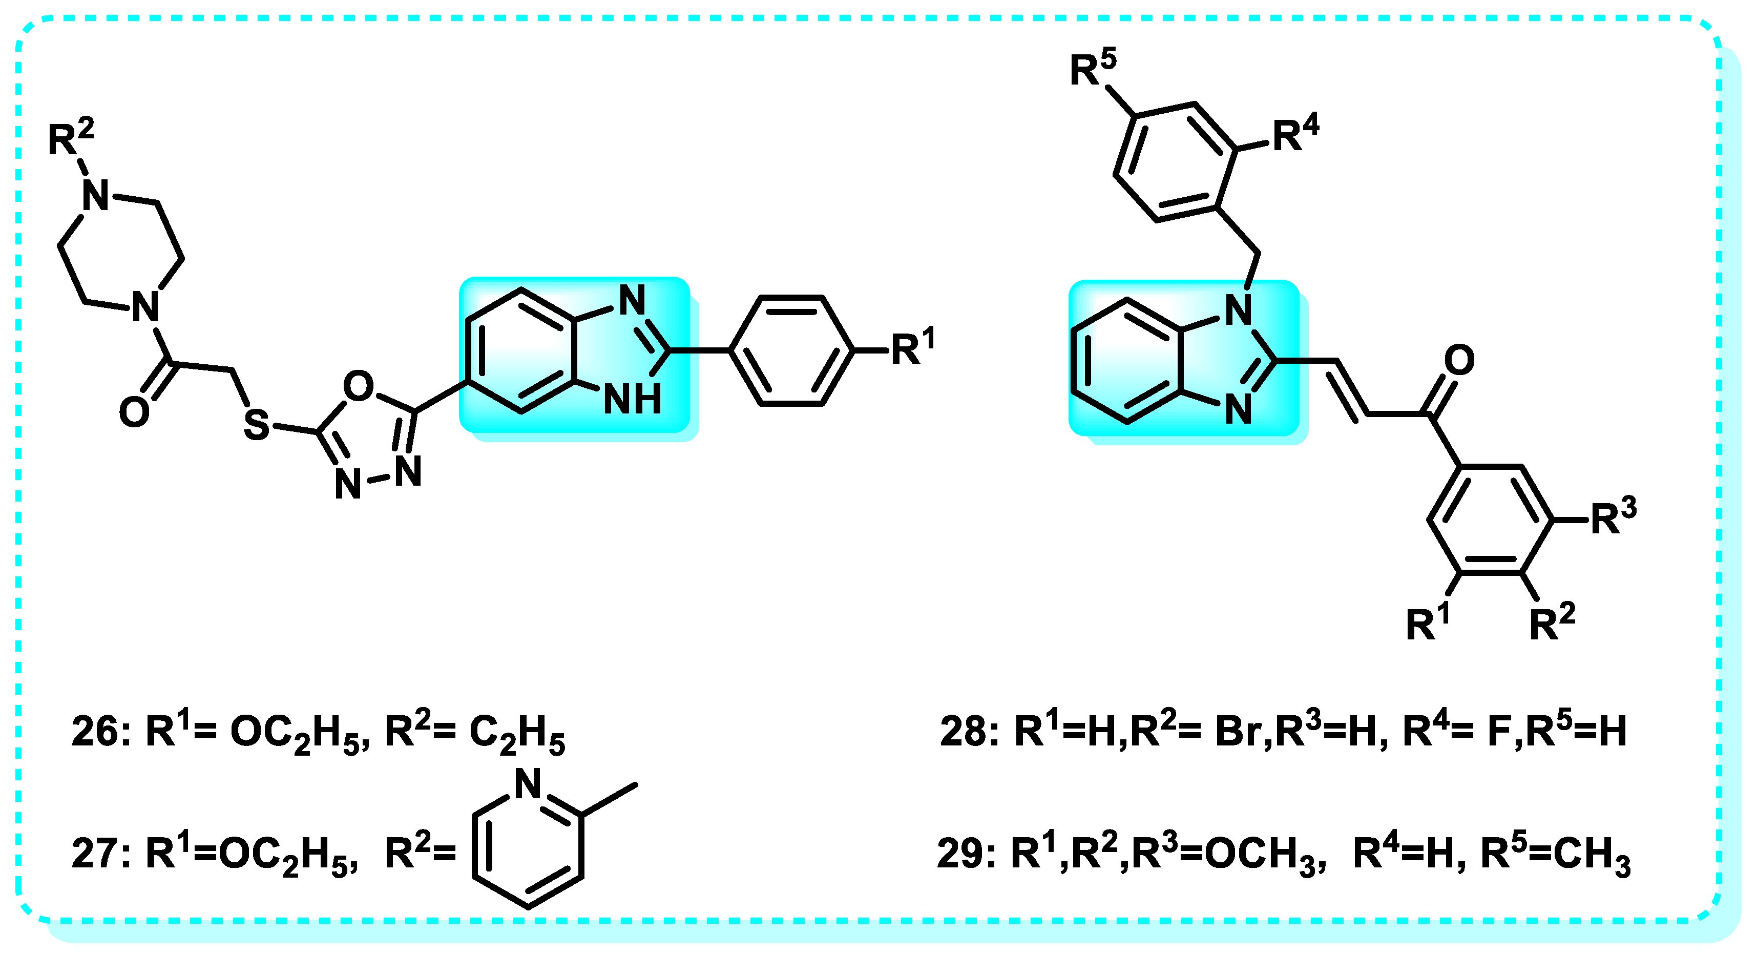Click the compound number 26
click(95, 733)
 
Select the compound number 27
click(95, 854)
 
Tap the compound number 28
click(963, 733)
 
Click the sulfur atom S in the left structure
click(257, 424)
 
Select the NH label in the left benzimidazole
click(632, 399)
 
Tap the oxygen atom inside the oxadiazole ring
click(358, 386)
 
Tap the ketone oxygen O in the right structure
click(1459, 360)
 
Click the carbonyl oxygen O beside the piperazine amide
click(134, 413)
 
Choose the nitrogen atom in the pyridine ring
click(527, 784)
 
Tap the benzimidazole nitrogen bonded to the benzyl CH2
click(1239, 310)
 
